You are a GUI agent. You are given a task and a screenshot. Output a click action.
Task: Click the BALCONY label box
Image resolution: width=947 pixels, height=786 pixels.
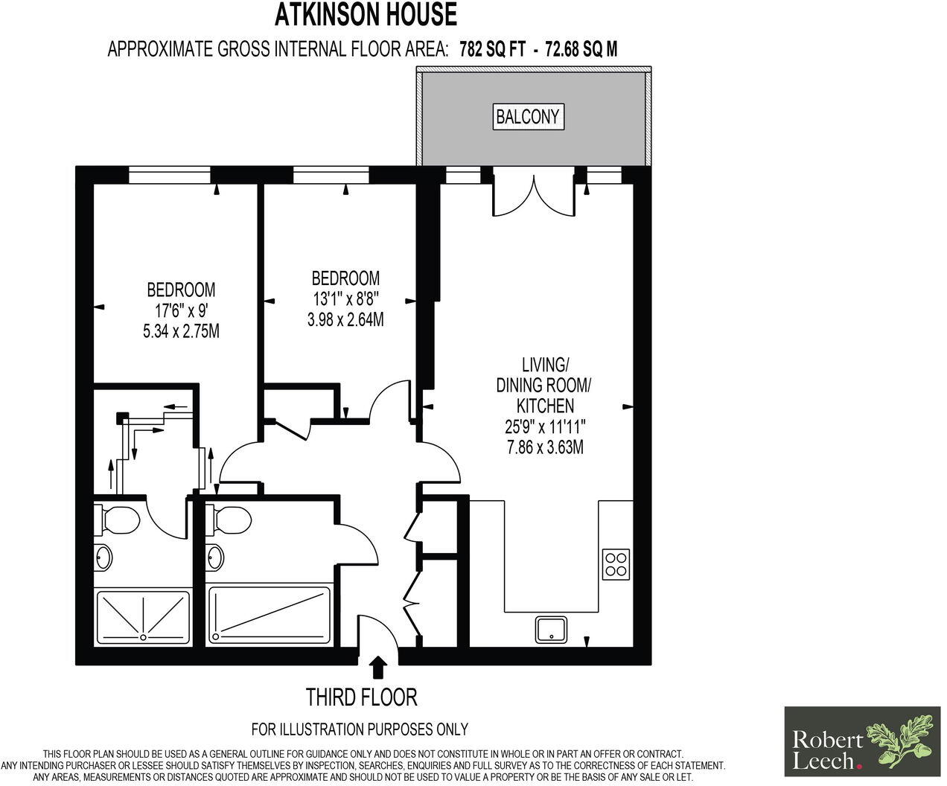pyautogui.click(x=529, y=117)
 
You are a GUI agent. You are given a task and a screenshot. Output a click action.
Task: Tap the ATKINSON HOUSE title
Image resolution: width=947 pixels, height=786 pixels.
pyautogui.click(x=366, y=15)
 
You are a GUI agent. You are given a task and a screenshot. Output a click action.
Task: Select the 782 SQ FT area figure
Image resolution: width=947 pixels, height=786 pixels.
pyautogui.click(x=493, y=49)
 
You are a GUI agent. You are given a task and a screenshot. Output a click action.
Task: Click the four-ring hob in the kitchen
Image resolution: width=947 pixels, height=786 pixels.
pyautogui.click(x=616, y=564)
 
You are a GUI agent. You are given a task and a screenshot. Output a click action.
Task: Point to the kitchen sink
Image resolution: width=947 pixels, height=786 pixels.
pyautogui.click(x=551, y=630)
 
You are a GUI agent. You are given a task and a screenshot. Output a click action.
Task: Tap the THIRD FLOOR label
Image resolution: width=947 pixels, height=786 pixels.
pyautogui.click(x=362, y=697)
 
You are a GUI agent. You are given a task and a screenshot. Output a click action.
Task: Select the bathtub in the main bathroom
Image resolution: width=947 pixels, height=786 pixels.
pyautogui.click(x=270, y=615)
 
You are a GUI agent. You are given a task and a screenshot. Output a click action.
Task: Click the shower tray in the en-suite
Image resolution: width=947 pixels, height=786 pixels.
pyautogui.click(x=142, y=616)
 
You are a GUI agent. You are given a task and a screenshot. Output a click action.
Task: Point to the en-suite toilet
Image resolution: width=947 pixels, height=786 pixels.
pyautogui.click(x=117, y=520)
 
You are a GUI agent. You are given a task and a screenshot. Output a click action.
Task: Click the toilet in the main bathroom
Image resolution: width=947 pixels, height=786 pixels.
pyautogui.click(x=228, y=520)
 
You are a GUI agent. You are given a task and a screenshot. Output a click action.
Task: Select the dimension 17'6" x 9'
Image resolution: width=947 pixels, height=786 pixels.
pyautogui.click(x=182, y=311)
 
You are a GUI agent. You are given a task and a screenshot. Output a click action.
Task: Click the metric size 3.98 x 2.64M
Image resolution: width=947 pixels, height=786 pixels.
pyautogui.click(x=345, y=320)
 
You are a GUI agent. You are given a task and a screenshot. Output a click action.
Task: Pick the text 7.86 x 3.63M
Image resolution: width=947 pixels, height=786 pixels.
pyautogui.click(x=545, y=447)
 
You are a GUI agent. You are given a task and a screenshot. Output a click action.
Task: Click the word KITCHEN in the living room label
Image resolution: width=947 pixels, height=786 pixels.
pyautogui.click(x=546, y=406)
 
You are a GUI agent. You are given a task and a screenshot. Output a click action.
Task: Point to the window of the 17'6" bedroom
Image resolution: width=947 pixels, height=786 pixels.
pyautogui.click(x=170, y=175)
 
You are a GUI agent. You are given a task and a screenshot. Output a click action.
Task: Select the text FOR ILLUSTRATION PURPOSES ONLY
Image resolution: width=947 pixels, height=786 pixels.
pyautogui.click(x=360, y=729)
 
